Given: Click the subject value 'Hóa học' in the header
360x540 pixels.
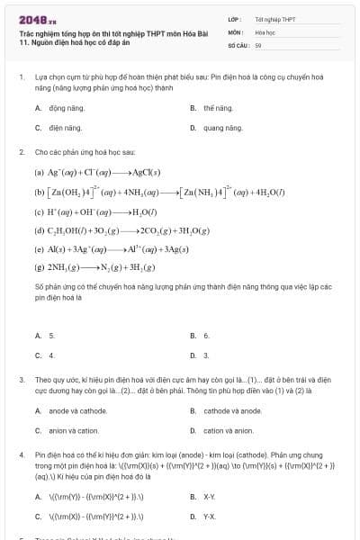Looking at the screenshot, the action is tap(265, 31).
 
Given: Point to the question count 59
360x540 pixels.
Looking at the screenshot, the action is tap(258, 43).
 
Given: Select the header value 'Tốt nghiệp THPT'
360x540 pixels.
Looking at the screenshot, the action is tap(274, 18).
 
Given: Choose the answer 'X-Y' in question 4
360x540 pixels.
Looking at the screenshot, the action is tap(209, 496).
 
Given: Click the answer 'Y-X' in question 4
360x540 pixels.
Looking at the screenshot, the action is tap(209, 517).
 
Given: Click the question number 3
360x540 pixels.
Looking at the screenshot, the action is tap(21, 380).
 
